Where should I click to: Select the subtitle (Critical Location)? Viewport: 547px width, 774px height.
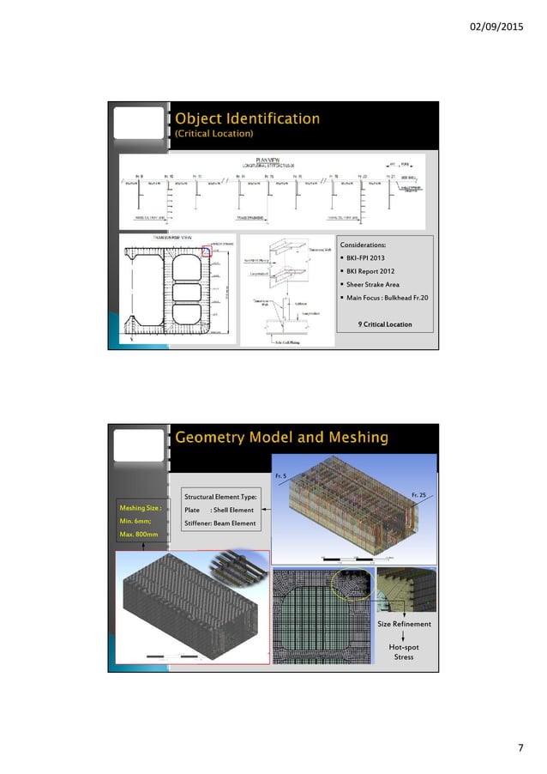point(213,135)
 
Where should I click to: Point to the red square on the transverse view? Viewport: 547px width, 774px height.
point(206,251)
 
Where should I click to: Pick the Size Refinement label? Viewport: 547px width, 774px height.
point(404,624)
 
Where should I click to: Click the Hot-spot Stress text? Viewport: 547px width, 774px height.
point(403,651)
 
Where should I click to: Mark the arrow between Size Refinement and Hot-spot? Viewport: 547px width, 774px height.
point(403,635)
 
